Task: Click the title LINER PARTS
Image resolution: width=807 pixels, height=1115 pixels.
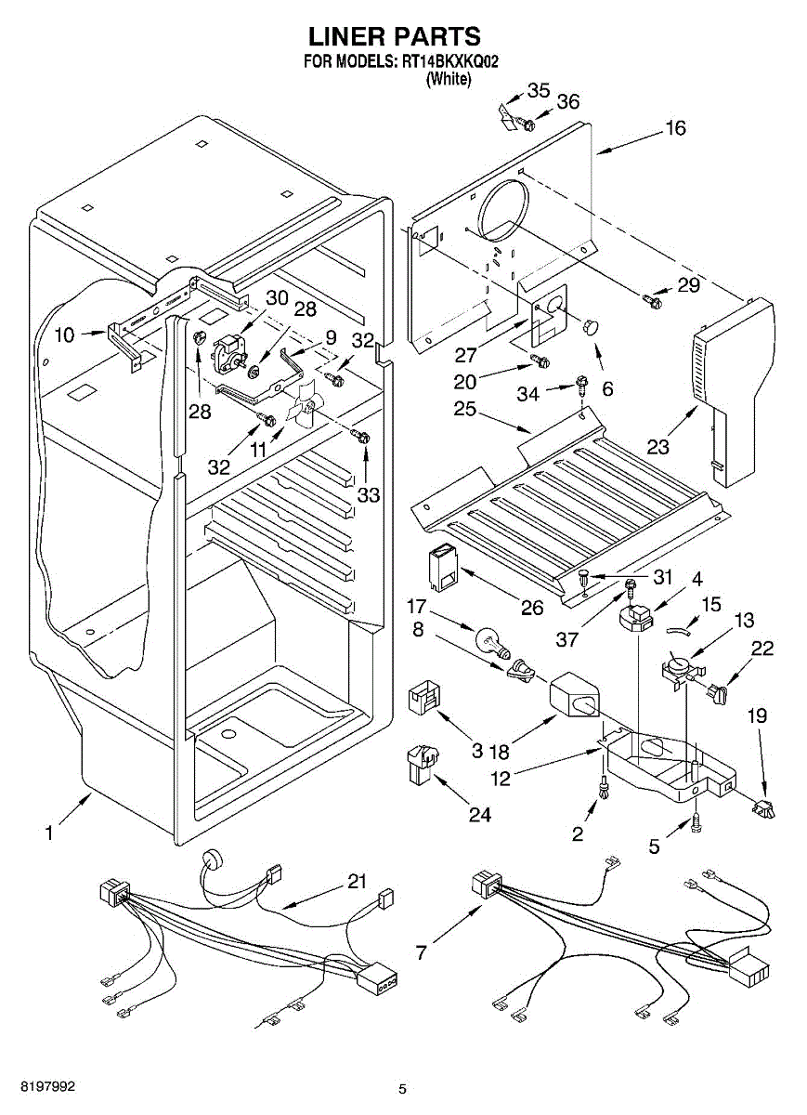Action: tap(394, 36)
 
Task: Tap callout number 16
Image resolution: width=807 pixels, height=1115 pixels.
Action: tap(675, 128)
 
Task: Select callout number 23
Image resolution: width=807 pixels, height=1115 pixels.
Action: tap(657, 447)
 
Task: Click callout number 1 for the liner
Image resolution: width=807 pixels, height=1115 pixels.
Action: tap(48, 833)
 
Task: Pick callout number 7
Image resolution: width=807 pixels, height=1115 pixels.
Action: tap(422, 952)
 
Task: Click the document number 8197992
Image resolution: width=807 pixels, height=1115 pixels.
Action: tap(38, 1086)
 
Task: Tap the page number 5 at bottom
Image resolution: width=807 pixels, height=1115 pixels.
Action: tap(402, 1088)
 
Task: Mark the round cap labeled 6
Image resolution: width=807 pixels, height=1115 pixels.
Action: tap(591, 324)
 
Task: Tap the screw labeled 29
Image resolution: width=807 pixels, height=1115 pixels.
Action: tap(653, 299)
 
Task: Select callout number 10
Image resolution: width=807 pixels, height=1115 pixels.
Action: tap(64, 335)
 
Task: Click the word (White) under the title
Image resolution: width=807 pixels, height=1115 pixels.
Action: tap(448, 80)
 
